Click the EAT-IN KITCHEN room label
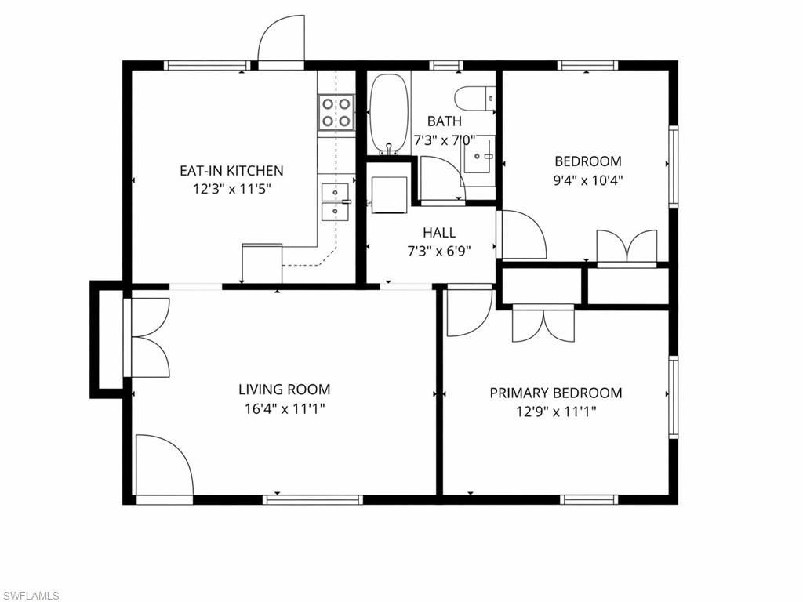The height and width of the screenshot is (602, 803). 231,170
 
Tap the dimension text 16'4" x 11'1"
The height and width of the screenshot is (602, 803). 283,408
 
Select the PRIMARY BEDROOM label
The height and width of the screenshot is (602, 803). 555,393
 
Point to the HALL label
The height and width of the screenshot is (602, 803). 438,233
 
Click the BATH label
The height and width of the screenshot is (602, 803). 444,121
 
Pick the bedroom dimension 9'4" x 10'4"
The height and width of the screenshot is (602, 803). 588,180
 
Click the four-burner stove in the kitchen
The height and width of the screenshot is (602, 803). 335,111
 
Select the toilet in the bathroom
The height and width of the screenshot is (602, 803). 475,98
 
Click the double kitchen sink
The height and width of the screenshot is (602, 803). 335,201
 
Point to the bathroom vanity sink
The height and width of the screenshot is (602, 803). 478,156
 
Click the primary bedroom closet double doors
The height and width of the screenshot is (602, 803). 543,324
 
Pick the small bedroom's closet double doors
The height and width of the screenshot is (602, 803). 627,245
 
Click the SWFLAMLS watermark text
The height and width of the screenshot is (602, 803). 31,596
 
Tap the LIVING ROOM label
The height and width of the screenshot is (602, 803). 284,390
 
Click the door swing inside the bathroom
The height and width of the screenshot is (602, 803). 441,179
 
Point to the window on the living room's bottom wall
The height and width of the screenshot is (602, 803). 313,499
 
